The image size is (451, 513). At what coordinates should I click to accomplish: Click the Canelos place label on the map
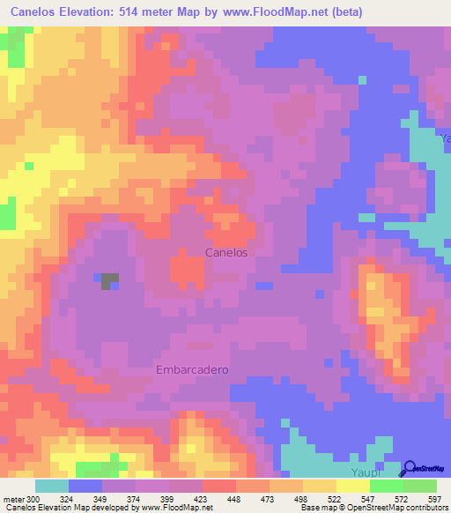226,252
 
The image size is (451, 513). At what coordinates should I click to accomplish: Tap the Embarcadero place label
192,369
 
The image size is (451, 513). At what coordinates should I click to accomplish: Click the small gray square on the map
109,281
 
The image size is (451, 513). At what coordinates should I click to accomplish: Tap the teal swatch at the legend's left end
51,487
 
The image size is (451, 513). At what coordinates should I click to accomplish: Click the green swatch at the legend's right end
419,487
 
